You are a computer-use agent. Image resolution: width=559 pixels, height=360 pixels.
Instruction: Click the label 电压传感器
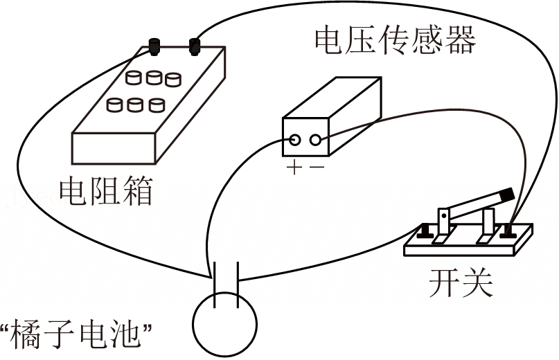[x=395, y=39]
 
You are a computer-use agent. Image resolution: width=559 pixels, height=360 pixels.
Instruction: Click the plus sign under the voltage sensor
[x=294, y=167]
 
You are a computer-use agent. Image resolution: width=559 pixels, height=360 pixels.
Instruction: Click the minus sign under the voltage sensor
[x=317, y=166]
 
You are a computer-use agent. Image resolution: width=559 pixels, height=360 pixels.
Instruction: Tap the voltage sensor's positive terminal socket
[x=294, y=140]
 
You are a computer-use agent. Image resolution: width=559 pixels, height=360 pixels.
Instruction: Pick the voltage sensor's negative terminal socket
[x=315, y=140]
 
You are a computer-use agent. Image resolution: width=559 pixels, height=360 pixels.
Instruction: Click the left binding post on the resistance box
[x=154, y=46]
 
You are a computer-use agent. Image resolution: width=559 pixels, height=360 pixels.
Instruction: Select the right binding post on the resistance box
[x=195, y=46]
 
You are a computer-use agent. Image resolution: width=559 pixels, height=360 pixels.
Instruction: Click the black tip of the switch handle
[x=507, y=195]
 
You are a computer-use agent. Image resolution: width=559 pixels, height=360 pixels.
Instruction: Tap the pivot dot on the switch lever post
[x=443, y=215]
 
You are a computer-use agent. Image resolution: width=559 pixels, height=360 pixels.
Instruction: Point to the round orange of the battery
[x=224, y=324]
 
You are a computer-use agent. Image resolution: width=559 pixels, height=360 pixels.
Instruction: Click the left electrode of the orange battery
[x=215, y=285]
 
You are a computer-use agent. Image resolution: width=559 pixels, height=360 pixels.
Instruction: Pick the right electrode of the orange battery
[x=238, y=285]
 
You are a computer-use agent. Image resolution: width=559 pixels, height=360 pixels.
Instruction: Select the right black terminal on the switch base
[x=508, y=231]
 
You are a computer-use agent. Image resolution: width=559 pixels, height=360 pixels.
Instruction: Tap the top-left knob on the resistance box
[x=133, y=78]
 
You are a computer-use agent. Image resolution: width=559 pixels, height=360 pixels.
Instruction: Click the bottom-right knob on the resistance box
[x=157, y=105]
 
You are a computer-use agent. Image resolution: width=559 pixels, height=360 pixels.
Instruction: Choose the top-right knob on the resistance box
[x=173, y=80]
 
